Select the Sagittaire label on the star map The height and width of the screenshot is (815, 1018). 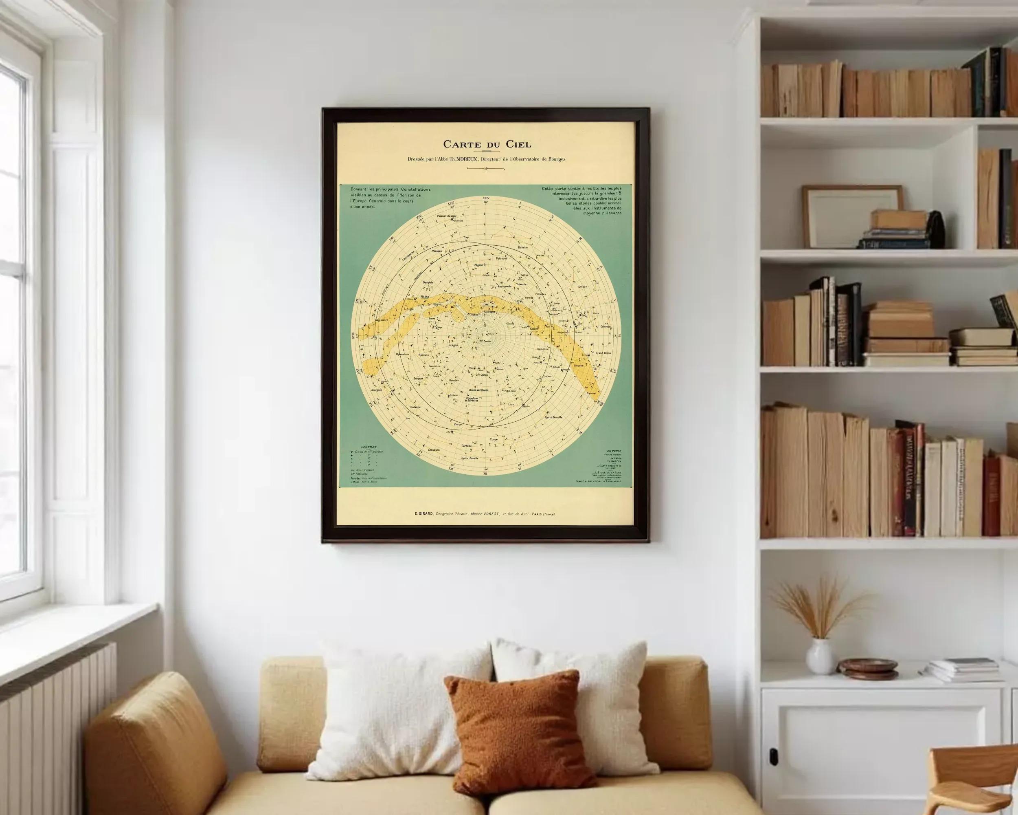(x=384, y=320)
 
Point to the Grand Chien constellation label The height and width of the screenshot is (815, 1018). (x=603, y=353)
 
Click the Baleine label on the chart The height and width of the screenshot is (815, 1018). (x=523, y=247)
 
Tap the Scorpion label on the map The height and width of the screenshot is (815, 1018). (x=376, y=390)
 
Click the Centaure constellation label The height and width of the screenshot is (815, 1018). (x=433, y=449)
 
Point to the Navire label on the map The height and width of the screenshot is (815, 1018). (x=591, y=393)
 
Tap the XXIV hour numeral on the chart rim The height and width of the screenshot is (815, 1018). (x=486, y=198)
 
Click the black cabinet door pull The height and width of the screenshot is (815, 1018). (x=773, y=756)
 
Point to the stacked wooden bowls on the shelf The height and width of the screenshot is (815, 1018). (x=867, y=669)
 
